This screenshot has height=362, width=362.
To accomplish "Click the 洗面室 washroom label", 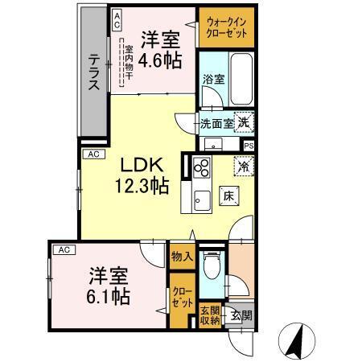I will [x=216, y=124].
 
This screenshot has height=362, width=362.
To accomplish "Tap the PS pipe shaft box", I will [x=249, y=146].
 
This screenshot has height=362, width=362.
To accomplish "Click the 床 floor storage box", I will [x=228, y=195].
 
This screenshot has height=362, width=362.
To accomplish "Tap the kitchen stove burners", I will [x=201, y=169].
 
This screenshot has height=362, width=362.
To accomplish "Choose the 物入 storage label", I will [x=182, y=257].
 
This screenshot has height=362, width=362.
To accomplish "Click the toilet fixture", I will [x=212, y=265].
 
